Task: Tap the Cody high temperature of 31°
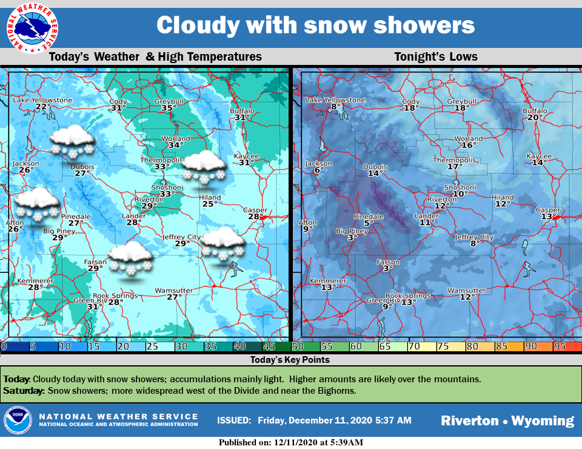click(118, 108)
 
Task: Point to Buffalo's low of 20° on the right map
click(534, 118)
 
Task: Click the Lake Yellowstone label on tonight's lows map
click(335, 100)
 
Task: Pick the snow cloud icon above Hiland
click(204, 167)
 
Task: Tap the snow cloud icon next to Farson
click(130, 258)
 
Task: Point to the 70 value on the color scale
click(414, 346)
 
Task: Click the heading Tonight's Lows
click(436, 57)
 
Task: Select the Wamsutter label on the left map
click(173, 291)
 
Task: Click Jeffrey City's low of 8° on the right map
click(473, 244)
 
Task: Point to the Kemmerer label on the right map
click(327, 281)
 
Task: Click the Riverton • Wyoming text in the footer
click(507, 420)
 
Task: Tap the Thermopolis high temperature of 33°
click(161, 167)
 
